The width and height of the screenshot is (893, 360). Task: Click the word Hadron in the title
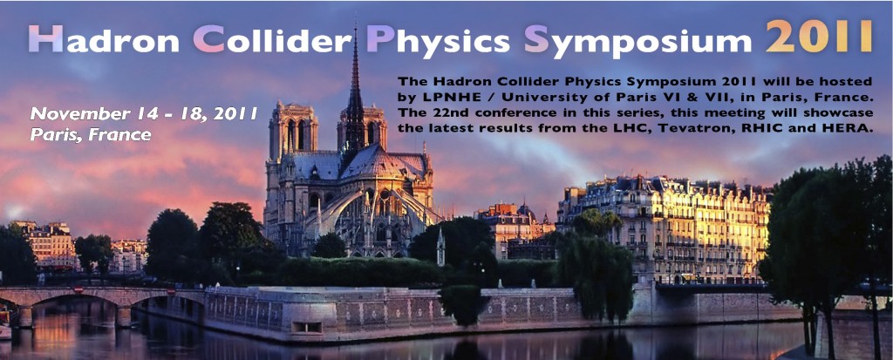click(x=103, y=38)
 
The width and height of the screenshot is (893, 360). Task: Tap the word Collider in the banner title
click(x=272, y=38)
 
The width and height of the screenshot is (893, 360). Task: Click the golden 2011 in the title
click(x=819, y=36)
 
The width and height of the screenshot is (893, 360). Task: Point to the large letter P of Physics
click(x=380, y=37)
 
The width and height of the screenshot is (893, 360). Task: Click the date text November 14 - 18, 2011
click(x=144, y=114)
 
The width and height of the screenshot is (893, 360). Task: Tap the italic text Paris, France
click(x=91, y=135)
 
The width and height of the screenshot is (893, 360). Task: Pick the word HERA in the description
click(x=855, y=129)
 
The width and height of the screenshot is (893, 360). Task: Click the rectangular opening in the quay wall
click(x=306, y=327)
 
